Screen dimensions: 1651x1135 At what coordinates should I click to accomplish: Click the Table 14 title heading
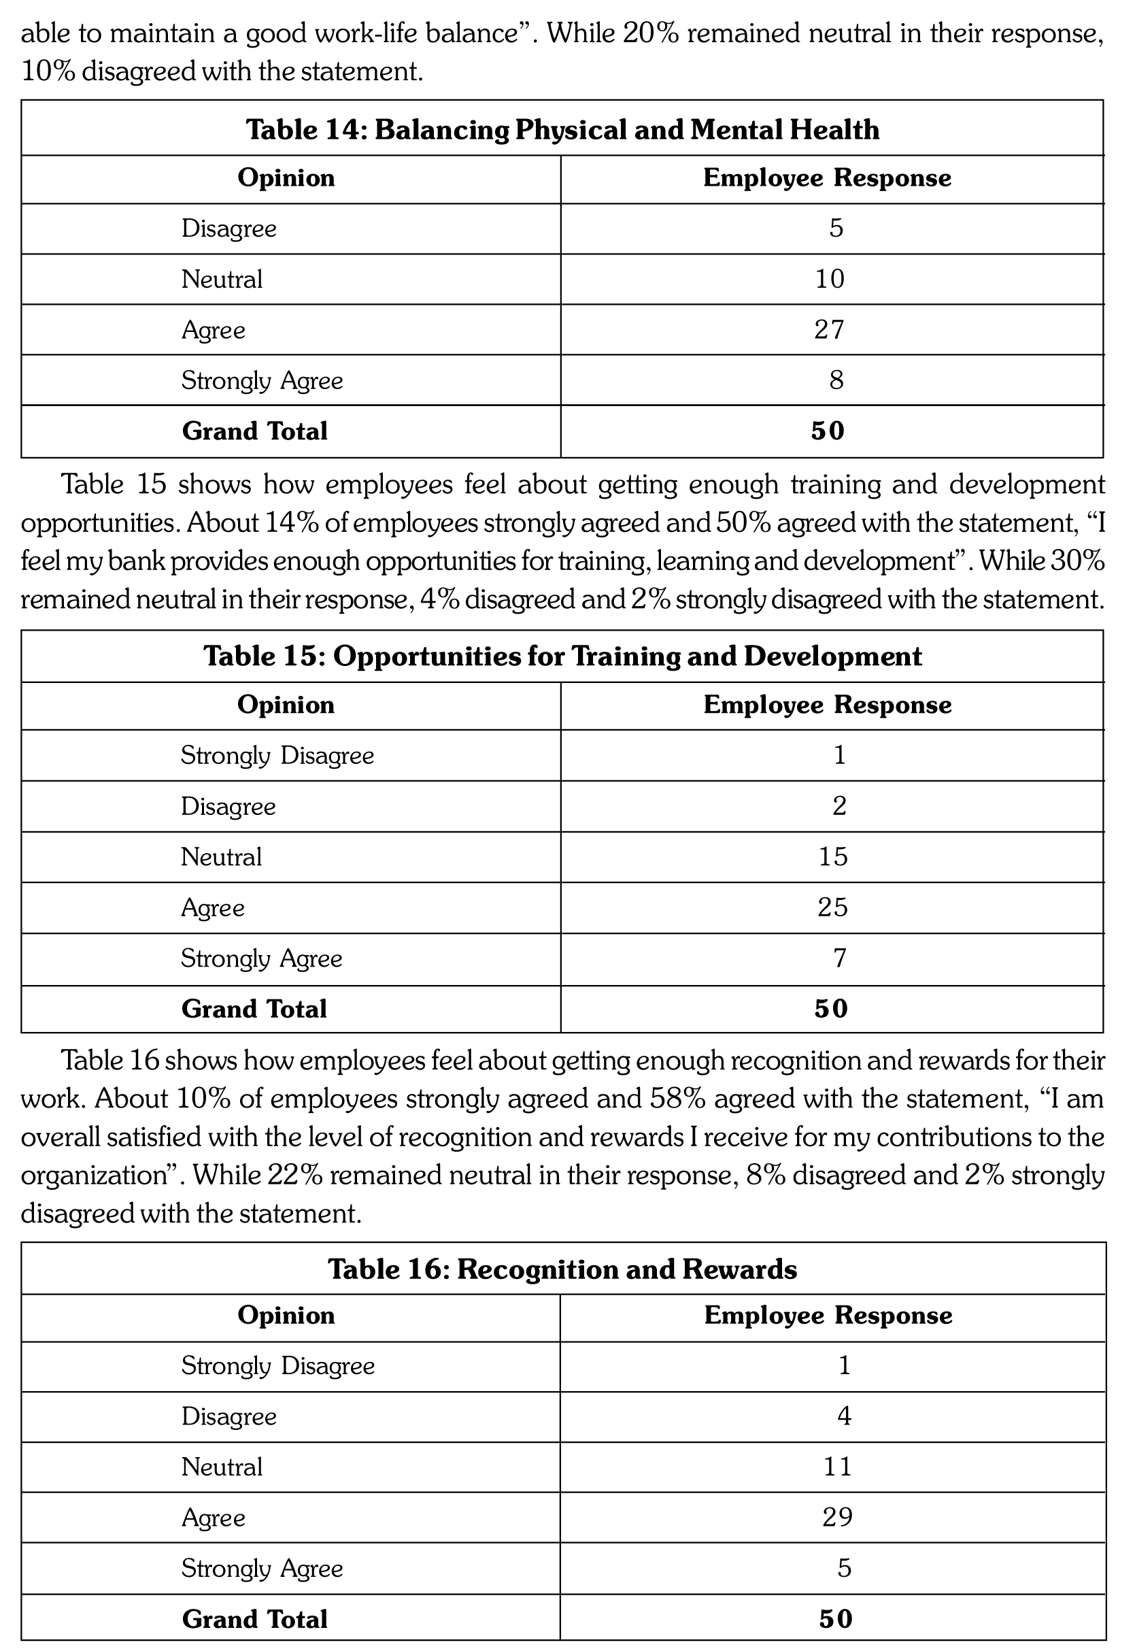coord(562,129)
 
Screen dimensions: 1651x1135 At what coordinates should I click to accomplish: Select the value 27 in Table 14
coord(828,330)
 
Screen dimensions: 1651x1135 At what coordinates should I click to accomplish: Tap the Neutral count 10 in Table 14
coord(829,279)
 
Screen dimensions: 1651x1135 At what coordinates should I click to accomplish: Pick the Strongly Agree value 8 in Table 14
coord(836,380)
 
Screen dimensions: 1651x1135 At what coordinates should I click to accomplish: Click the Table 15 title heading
coord(562,656)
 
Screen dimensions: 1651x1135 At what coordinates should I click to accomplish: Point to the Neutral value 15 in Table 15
coord(833,856)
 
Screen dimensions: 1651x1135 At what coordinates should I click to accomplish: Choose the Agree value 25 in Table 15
coord(833,907)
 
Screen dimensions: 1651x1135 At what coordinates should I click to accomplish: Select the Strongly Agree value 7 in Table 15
coord(839,958)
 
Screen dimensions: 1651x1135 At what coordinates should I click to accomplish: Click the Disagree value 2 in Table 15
coord(839,806)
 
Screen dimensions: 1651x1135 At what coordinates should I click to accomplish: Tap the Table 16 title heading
coord(562,1269)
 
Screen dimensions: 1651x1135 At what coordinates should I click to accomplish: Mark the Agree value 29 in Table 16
coord(837,1517)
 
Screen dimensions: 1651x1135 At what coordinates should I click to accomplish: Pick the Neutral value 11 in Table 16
coord(837,1467)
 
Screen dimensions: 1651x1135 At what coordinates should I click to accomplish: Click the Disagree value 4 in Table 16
coord(844,1416)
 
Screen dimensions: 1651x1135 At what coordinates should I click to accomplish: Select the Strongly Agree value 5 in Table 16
coord(844,1568)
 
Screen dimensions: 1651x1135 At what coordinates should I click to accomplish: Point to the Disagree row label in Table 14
coord(229,229)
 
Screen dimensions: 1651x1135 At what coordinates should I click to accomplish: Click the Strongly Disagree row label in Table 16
coord(278,1366)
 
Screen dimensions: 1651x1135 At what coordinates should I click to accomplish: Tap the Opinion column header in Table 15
coord(286,705)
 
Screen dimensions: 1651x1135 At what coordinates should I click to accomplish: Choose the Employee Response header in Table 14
coord(827,178)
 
